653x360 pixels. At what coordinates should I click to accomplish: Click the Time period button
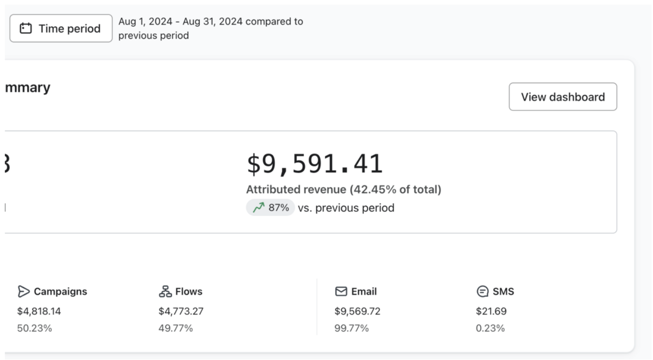(61, 29)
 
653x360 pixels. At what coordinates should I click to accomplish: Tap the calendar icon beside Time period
(26, 29)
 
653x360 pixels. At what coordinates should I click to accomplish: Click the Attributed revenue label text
(343, 190)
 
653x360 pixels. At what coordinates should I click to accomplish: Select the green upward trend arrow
(259, 208)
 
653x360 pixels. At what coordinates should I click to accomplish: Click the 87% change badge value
(279, 208)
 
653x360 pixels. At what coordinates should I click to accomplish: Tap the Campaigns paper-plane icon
(23, 291)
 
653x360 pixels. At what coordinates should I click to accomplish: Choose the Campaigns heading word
(60, 291)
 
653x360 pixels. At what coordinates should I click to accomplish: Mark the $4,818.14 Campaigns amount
(39, 311)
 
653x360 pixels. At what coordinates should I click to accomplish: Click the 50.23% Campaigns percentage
(35, 329)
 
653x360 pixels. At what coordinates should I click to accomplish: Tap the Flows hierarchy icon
(165, 291)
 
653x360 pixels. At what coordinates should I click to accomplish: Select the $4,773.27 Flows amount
(181, 311)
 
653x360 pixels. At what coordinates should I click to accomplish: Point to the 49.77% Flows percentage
(175, 329)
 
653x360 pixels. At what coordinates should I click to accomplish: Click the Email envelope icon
(341, 291)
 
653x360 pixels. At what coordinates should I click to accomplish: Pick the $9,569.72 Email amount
(357, 311)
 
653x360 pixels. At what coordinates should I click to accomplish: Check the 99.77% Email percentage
(351, 329)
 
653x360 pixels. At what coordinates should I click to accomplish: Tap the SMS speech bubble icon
(482, 291)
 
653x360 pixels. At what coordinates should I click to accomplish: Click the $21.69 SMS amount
(491, 311)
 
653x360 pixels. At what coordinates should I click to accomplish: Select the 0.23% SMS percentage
(490, 329)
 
